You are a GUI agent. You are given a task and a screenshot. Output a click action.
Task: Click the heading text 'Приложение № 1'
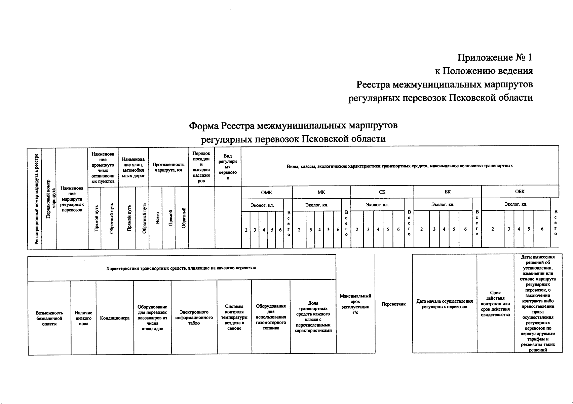click(495, 58)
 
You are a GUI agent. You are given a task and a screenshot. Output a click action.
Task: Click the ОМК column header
click(267, 193)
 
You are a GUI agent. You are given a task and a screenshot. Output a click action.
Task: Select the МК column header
click(321, 193)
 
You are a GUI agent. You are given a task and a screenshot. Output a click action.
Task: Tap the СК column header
click(382, 192)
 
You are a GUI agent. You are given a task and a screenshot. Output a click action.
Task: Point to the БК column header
click(447, 192)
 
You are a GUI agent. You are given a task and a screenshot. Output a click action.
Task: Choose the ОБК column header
click(520, 192)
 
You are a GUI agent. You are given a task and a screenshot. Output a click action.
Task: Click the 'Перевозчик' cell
click(393, 304)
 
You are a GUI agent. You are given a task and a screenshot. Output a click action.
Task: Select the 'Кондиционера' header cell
click(115, 318)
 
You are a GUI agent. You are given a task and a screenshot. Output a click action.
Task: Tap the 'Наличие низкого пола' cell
click(83, 318)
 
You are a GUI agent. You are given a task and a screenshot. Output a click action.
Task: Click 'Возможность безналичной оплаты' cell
click(49, 318)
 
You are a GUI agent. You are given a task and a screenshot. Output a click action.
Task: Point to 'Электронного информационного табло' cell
click(194, 317)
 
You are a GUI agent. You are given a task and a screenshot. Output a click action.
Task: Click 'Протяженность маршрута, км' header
click(168, 167)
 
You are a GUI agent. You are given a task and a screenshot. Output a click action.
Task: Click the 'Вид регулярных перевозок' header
click(228, 167)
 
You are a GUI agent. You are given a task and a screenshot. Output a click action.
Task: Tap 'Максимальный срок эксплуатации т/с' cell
click(355, 304)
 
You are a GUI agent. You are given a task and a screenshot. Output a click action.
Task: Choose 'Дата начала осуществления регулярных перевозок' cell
click(445, 304)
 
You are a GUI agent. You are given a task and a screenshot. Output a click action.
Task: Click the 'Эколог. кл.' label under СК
click(377, 205)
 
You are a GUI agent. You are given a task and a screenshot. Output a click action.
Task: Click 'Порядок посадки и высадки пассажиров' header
click(201, 167)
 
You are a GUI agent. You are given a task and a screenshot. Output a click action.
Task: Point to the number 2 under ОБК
click(493, 229)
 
